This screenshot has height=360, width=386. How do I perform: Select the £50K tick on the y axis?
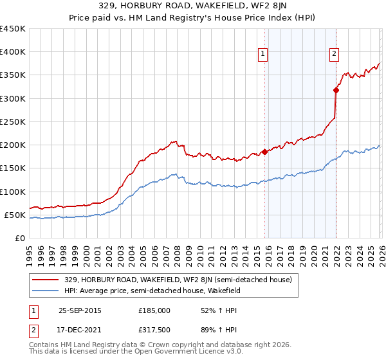click(x=15, y=215)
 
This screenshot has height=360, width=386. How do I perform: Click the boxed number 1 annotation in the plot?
click(x=264, y=55)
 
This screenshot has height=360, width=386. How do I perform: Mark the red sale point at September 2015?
click(x=264, y=152)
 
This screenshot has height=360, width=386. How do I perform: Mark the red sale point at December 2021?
click(x=335, y=91)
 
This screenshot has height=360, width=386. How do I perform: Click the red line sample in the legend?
click(x=46, y=280)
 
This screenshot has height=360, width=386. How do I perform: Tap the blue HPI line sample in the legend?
click(x=46, y=291)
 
